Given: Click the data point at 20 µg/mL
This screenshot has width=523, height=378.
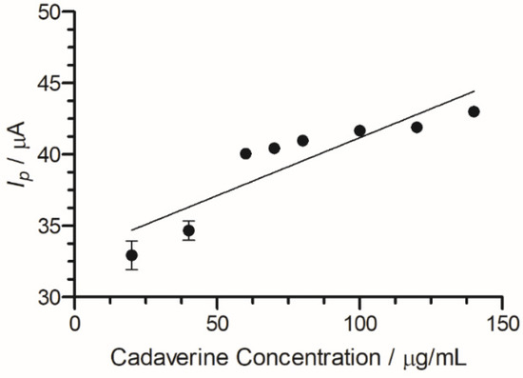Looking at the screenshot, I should (x=132, y=255).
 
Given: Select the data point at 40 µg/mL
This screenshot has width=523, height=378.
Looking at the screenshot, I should (x=189, y=230).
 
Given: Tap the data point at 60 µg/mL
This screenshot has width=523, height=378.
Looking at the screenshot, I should (x=245, y=153).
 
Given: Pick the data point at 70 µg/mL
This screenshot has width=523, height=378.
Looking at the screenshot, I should (x=274, y=148).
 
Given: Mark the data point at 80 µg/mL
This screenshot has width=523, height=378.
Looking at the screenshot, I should (x=302, y=140).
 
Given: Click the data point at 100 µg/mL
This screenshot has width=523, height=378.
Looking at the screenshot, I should (x=359, y=130).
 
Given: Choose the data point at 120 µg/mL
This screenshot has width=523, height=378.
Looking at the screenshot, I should (x=416, y=127).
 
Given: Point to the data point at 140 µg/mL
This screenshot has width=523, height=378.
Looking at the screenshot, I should (x=474, y=111).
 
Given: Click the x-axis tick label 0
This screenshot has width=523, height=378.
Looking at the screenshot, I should (x=75, y=323).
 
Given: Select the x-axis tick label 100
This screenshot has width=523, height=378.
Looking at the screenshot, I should (x=359, y=323).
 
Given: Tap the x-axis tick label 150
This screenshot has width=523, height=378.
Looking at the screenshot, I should (x=502, y=323).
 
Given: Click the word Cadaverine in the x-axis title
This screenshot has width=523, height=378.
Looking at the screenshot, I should (x=159, y=360).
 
